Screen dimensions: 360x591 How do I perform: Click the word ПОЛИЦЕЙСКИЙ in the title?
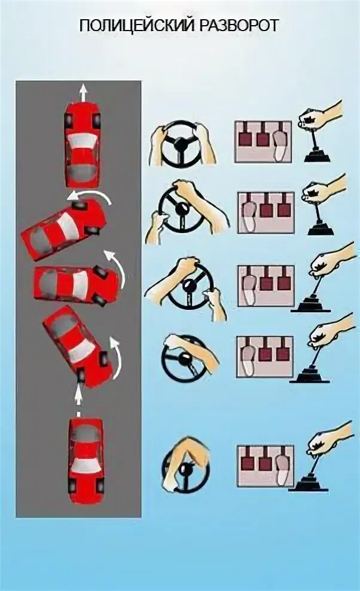coord(136,26)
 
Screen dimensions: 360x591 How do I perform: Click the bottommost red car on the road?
coord(86,461)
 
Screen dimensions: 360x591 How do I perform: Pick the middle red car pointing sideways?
coord(77,285)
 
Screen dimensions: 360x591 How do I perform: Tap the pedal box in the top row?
coord(263,142)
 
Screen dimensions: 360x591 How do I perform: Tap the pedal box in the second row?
coord(266,212)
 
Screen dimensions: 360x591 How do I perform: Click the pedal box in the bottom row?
coord(266,467)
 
